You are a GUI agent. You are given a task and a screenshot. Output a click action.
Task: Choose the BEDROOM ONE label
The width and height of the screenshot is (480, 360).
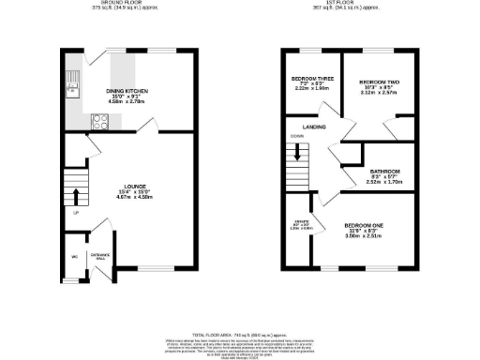coord(362,226)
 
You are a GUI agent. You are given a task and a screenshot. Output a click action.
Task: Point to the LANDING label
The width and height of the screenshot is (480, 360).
coord(313,126)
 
